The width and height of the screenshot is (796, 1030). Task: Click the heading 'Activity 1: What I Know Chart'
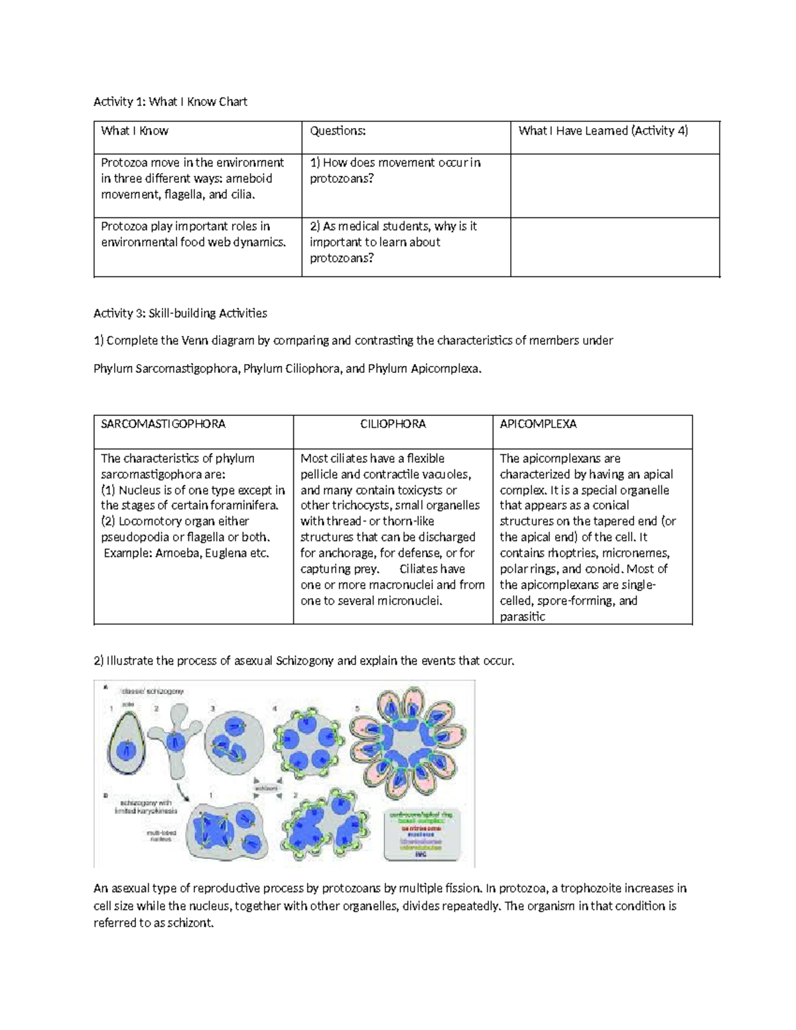point(170,101)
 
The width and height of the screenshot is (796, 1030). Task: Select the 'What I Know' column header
point(135,131)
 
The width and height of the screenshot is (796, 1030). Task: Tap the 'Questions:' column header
point(338,131)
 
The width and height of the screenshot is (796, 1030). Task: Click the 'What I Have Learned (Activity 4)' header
point(603,131)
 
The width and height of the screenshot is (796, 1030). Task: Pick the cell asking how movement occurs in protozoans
point(395,170)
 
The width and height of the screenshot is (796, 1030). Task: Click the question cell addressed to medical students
point(393,242)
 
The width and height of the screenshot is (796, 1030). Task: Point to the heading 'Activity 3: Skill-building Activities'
point(180,313)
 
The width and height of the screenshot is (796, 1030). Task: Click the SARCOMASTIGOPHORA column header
point(163,424)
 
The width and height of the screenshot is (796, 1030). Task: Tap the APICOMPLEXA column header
point(538,424)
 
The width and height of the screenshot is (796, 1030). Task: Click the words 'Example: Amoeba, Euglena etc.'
point(186,553)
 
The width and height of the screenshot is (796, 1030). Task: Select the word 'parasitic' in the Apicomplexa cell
point(523,617)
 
